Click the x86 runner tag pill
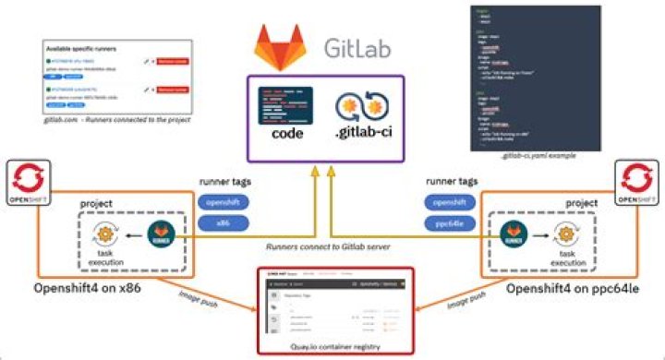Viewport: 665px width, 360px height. pos(223,222)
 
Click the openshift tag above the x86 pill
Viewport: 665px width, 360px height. pos(223,202)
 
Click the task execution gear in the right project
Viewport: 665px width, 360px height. pos(562,231)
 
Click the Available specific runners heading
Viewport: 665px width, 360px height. pos(89,47)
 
